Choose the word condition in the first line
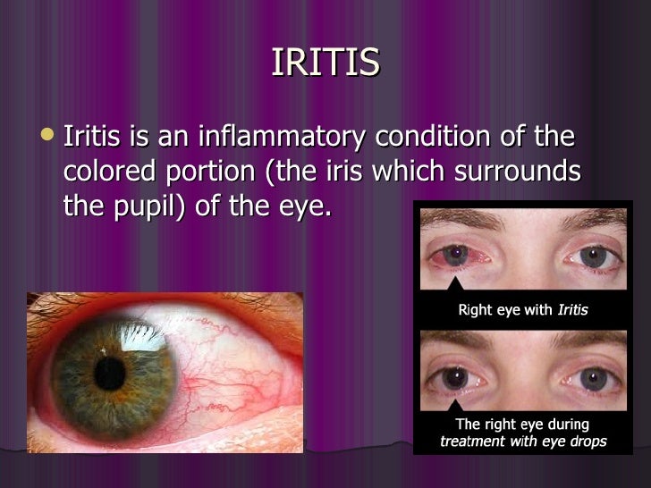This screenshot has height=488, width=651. (x=438, y=139)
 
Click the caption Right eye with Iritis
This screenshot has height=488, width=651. (x=522, y=310)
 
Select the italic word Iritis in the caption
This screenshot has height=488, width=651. (x=572, y=310)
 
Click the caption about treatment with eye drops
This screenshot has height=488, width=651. (x=522, y=433)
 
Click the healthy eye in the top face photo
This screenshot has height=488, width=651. (x=593, y=257)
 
